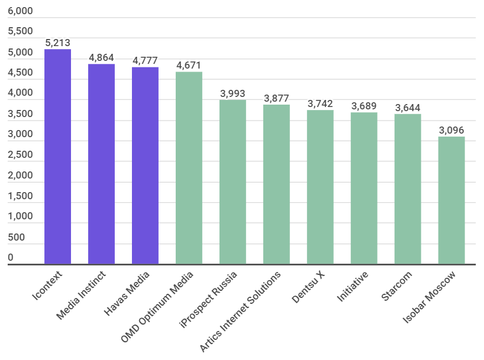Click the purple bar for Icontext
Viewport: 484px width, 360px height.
click(x=57, y=157)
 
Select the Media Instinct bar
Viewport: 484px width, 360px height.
click(x=101, y=164)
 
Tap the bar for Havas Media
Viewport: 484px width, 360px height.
click(x=145, y=166)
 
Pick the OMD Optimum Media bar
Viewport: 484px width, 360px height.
click(x=189, y=168)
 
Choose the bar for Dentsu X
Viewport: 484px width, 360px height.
click(x=320, y=187)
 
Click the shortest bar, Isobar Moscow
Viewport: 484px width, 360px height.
click(x=451, y=200)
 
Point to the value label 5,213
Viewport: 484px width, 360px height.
click(x=57, y=43)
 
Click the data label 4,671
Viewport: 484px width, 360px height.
click(x=189, y=66)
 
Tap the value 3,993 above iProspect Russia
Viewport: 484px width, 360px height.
click(x=233, y=93)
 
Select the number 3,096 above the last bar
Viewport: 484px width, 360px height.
click(x=451, y=130)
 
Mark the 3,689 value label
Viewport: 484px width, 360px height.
click(x=364, y=106)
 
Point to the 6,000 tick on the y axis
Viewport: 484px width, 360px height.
click(x=20, y=12)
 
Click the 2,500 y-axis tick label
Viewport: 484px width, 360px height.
click(x=20, y=155)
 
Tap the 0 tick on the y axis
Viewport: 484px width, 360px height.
click(x=11, y=258)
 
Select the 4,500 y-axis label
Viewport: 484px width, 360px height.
click(x=20, y=73)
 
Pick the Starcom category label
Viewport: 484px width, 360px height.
click(x=396, y=286)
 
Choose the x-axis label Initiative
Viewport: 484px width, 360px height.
click(x=353, y=287)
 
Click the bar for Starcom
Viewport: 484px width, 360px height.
click(x=408, y=189)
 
